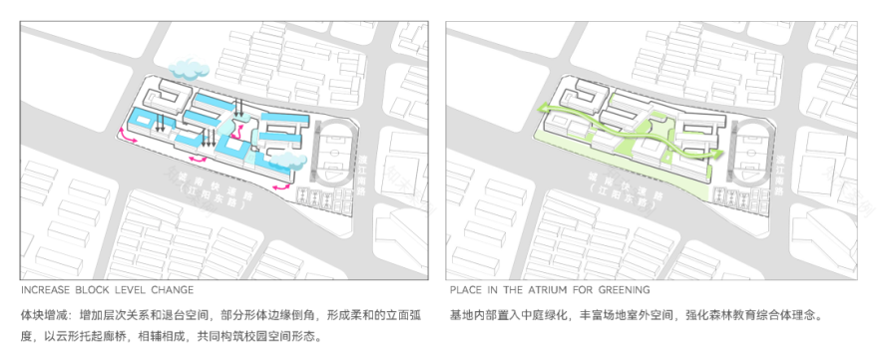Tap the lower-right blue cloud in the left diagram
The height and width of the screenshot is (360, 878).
coord(286,159)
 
